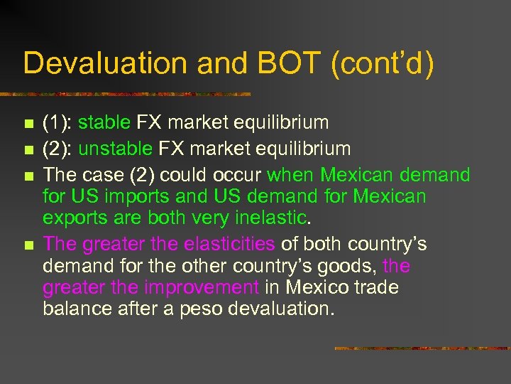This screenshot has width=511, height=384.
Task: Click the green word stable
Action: [104, 122]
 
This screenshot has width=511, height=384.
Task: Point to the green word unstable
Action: [115, 149]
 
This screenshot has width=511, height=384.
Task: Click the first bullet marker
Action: [28, 124]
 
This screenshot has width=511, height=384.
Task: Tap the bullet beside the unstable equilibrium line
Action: [28, 150]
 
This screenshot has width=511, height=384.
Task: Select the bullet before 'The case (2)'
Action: [28, 176]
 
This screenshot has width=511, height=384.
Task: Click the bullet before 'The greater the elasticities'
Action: [28, 245]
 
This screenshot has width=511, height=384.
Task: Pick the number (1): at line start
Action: [57, 122]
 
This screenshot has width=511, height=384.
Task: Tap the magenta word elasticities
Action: [229, 244]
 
